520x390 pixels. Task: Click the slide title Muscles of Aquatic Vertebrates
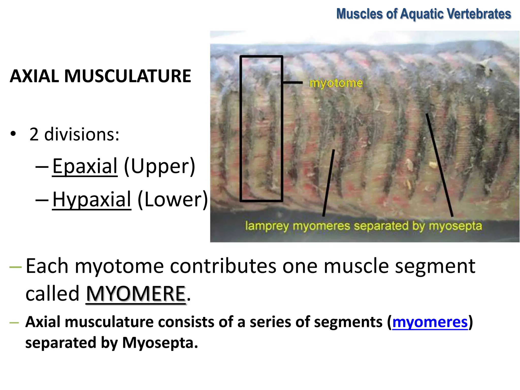click(424, 14)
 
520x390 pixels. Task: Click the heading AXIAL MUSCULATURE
click(100, 76)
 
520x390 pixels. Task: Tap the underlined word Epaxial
click(85, 166)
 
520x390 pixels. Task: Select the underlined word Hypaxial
click(92, 199)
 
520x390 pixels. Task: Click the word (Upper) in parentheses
click(159, 166)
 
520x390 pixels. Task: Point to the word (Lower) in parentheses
click(173, 199)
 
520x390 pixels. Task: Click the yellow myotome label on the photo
click(336, 83)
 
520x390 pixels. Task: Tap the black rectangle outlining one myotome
click(241, 127)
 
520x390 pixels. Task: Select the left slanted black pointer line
click(329, 183)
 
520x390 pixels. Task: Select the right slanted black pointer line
click(439, 165)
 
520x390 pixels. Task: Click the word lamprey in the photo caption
click(267, 226)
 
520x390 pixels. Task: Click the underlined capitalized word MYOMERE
click(136, 294)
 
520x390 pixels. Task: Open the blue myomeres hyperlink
click(430, 322)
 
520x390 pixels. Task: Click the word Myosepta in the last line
click(160, 343)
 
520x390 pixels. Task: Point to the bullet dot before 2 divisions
click(13, 134)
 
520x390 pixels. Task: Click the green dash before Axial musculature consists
click(14, 323)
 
